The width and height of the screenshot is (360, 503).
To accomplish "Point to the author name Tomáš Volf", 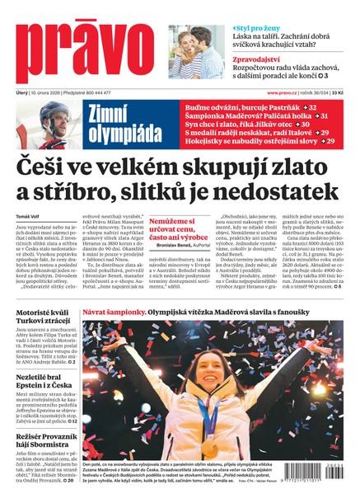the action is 29,216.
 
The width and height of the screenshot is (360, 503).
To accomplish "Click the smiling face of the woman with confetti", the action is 222,396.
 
